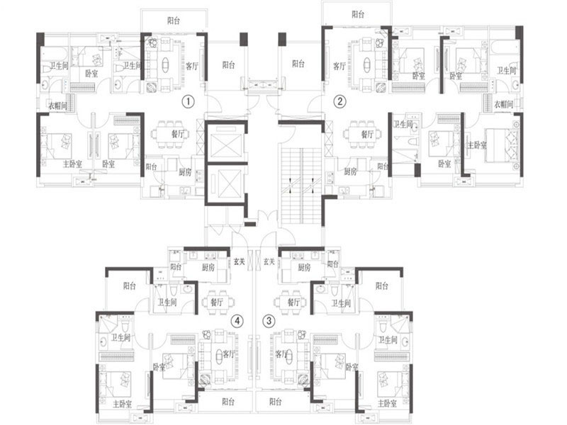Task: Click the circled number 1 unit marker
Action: click(189, 101)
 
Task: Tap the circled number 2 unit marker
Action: click(339, 101)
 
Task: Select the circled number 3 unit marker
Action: click(269, 321)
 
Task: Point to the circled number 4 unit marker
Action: click(237, 321)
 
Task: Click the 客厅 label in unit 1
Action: click(192, 66)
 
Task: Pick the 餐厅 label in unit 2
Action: click(367, 135)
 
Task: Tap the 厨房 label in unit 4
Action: click(208, 267)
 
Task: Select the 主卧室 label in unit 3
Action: click(387, 403)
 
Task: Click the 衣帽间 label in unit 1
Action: click(58, 106)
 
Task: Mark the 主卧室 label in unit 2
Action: click(477, 145)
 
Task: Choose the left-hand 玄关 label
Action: click(239, 261)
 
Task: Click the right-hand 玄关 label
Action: click(269, 261)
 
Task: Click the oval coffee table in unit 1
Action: click(165, 65)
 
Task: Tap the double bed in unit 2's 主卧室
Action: click(501, 145)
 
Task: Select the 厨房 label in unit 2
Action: click(350, 171)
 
